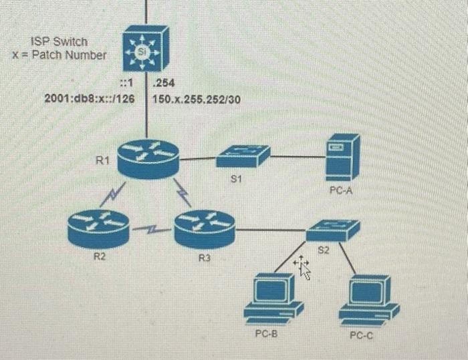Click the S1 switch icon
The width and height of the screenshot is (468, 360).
coord(243,156)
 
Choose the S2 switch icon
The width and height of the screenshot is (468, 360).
coord(332,230)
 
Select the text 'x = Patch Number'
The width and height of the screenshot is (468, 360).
coord(59,55)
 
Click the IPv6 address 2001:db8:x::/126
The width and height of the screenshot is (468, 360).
coord(85,100)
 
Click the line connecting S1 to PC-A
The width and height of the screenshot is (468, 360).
coord(298,158)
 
